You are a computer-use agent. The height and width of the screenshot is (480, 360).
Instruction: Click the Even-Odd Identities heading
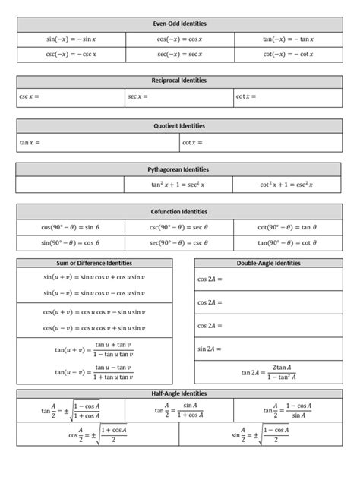pyautogui.click(x=179, y=24)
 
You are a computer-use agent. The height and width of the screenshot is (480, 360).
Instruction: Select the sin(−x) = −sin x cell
pyautogui.click(x=71, y=39)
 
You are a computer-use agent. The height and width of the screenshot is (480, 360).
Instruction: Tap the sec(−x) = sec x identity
pyautogui.click(x=179, y=55)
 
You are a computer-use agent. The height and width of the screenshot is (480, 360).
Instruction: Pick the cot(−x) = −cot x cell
pyautogui.click(x=288, y=55)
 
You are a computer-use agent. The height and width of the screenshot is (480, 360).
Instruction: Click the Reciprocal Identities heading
pyautogui.click(x=179, y=81)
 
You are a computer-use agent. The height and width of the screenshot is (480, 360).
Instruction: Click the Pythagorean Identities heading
pyautogui.click(x=179, y=169)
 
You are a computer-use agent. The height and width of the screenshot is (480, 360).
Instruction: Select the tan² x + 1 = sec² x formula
pyautogui.click(x=178, y=185)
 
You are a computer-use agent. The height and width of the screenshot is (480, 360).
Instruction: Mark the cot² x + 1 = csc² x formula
pyautogui.click(x=287, y=185)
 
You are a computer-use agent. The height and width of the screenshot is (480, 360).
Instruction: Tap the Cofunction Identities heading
pyautogui.click(x=179, y=211)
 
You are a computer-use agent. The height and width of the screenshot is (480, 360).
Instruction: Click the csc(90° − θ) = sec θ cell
pyautogui.click(x=179, y=227)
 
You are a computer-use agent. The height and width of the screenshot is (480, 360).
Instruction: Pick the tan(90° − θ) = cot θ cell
pyautogui.click(x=288, y=243)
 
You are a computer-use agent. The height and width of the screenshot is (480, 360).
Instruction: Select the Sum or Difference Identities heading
pyautogui.click(x=94, y=263)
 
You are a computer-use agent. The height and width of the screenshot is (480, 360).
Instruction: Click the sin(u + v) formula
pyautogui.click(x=94, y=277)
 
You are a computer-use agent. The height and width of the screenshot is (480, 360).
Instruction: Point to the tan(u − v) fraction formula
pyautogui.click(x=94, y=372)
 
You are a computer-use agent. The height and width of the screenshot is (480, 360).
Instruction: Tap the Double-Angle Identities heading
pyautogui.click(x=268, y=263)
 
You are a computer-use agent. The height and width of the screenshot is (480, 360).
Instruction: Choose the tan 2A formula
pyautogui.click(x=268, y=372)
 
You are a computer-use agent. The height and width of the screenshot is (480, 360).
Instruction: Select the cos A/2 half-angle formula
pyautogui.click(x=99, y=435)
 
